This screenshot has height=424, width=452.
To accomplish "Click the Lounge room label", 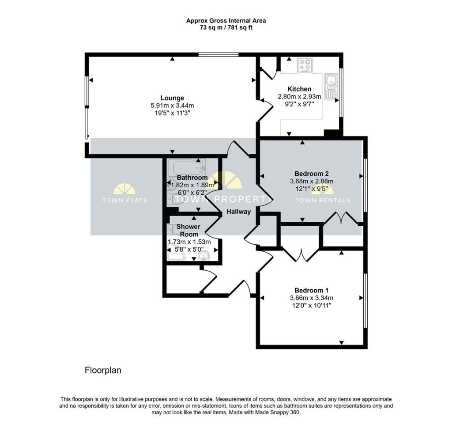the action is pos(172,98).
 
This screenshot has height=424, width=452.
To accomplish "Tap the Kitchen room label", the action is pos(300,89).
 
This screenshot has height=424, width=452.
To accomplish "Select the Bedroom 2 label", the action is pos(312,174).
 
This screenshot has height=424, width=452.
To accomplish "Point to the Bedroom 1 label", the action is pos(311,290).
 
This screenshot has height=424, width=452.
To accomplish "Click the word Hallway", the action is pos(238,212).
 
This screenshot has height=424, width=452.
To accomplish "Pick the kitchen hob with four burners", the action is pos(305,65).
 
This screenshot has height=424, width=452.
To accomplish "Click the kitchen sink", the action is pos(331,87).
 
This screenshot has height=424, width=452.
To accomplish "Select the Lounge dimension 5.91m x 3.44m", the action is pos(173,106).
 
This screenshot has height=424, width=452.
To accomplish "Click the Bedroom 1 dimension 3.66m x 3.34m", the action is pos(312,298).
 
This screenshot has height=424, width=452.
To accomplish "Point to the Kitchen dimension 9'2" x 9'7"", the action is pos(299,104).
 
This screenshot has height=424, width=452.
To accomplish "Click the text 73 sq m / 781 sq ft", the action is pos(226,28).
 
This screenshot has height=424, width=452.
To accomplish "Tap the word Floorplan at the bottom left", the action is pos(103,370).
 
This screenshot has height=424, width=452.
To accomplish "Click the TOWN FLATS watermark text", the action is pos(124,200).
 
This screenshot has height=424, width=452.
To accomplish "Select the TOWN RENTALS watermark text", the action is pos(323,200).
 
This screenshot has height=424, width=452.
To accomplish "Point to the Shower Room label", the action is pos(189,231).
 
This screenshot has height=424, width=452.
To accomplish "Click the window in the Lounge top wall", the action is pos(218,54).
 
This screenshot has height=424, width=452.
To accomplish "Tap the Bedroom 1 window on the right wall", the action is pos(365,300).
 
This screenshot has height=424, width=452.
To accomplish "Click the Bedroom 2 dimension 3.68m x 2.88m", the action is pos(312,182).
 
